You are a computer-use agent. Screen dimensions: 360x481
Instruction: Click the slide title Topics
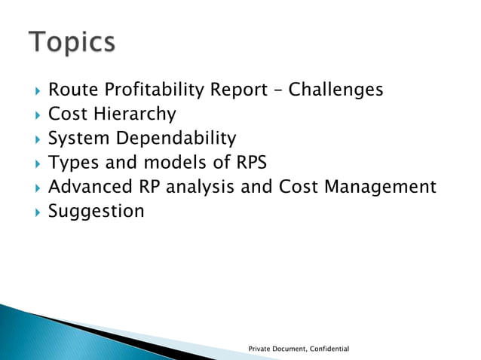coord(72,42)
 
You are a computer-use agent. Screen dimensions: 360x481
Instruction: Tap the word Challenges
coord(336,90)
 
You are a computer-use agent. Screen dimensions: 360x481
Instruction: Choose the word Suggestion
coord(96,211)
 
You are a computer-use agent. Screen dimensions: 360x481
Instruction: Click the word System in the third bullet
coord(78,139)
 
